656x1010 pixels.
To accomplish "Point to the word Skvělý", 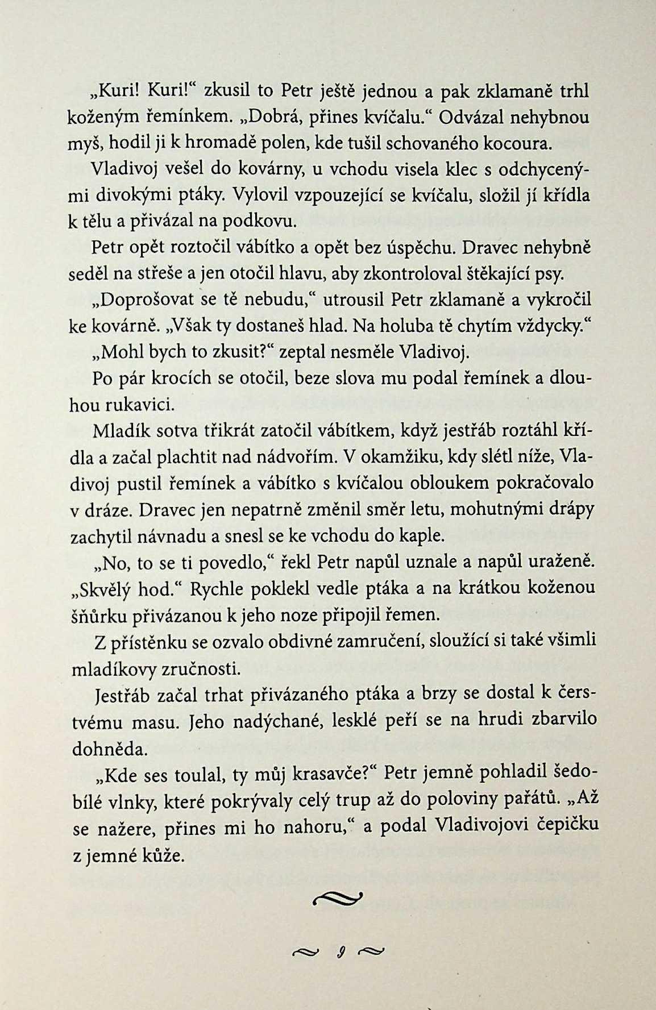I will (102, 588).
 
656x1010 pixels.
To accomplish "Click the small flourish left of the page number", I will (305, 951).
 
